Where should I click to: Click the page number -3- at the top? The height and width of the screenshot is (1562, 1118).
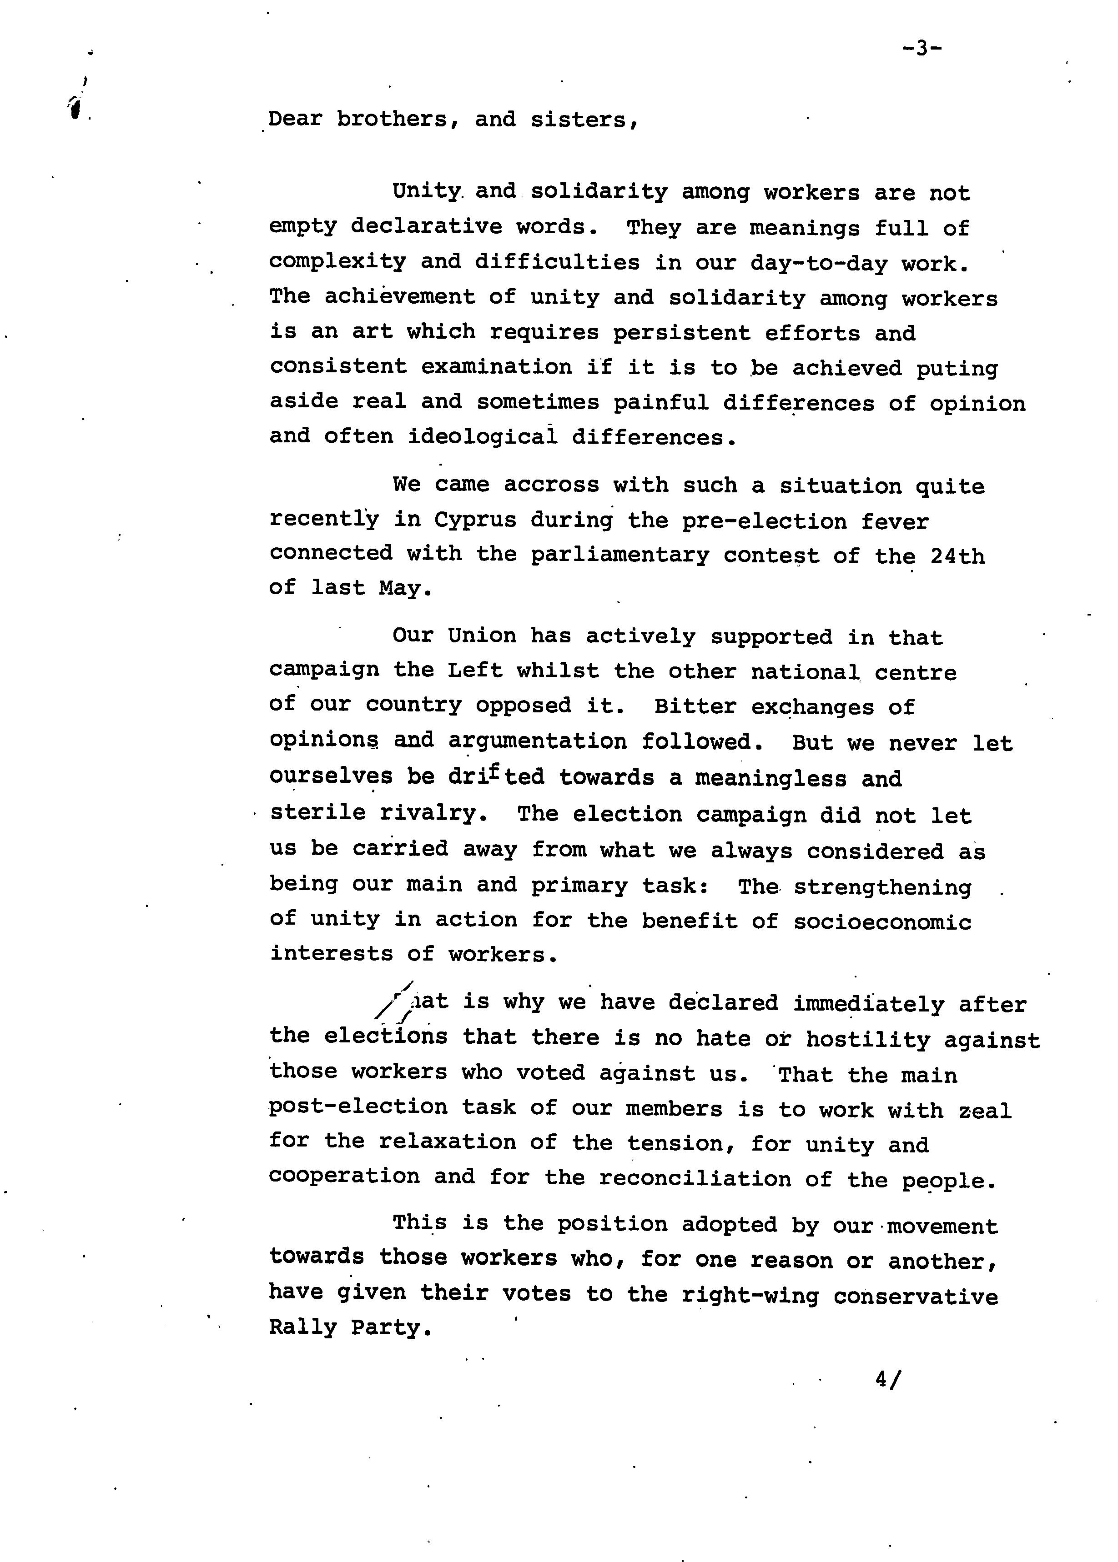[x=922, y=48]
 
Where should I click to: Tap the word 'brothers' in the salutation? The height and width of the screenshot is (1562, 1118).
[x=392, y=119]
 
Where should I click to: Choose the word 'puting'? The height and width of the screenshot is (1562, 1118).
[x=957, y=369]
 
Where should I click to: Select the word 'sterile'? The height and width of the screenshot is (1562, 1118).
[x=317, y=813]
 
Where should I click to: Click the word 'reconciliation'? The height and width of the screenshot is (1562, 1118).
[x=695, y=1179]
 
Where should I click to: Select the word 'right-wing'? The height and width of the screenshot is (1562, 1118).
[x=750, y=1296]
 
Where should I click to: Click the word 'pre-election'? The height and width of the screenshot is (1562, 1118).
[x=764, y=521]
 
